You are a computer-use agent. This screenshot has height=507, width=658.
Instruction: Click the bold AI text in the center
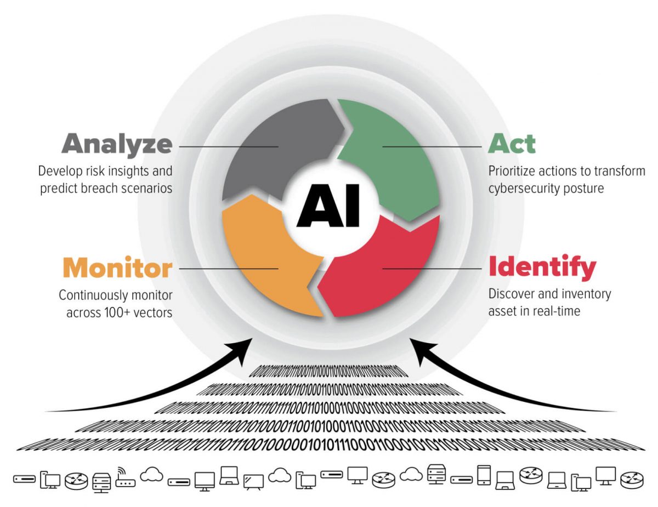(x=328, y=207)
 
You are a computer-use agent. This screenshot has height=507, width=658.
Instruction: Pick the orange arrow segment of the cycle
(x=263, y=258)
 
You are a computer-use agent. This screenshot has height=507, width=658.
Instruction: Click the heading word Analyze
(x=117, y=144)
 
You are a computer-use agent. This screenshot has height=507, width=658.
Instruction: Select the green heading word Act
(x=511, y=144)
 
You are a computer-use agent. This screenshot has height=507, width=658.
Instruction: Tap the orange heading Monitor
(x=117, y=268)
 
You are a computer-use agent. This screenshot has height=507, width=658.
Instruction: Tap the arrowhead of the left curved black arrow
(x=244, y=346)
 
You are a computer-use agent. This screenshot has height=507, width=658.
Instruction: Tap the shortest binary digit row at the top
(x=329, y=372)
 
